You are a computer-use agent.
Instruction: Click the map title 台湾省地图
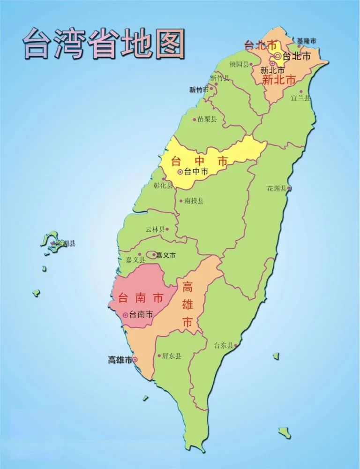pos(104,43)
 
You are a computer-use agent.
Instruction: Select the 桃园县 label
pos(240,64)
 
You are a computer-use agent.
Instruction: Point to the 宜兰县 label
pos(300,98)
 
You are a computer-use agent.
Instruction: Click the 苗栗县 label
pos(207,119)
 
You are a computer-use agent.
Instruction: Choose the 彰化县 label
pos(163,185)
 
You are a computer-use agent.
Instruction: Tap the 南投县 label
pos(194,201)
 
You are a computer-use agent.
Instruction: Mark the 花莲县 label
pos(277,189)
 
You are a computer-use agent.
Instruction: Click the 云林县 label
pos(155,229)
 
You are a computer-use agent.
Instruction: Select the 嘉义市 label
pos(166,256)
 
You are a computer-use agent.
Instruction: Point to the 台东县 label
pos(223,345)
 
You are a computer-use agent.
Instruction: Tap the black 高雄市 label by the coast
pos(120,360)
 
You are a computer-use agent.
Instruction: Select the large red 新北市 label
pos(279,80)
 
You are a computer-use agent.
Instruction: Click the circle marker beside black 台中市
pos(180,172)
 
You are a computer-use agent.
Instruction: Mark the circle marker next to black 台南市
pos(125,315)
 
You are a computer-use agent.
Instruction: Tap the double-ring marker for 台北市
pos(278,56)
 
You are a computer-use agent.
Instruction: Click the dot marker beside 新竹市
pos(211,88)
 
